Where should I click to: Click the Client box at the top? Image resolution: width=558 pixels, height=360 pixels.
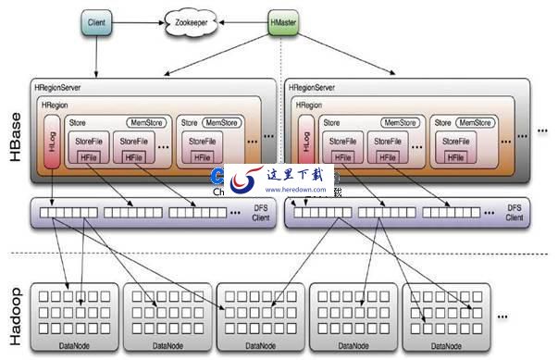[x=95, y=21]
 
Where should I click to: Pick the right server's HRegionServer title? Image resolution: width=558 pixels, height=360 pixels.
[x=315, y=88]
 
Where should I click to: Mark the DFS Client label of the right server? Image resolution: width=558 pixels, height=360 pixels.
[x=514, y=213]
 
